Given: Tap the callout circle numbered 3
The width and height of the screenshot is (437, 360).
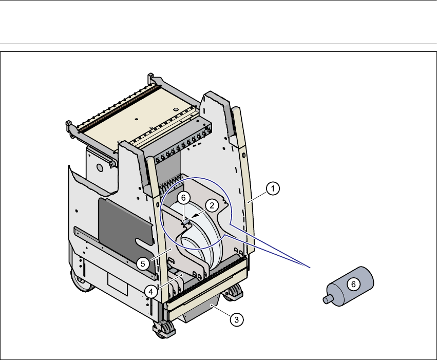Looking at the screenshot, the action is (236, 319).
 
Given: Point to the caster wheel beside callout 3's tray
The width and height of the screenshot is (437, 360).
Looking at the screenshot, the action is (236, 293).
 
